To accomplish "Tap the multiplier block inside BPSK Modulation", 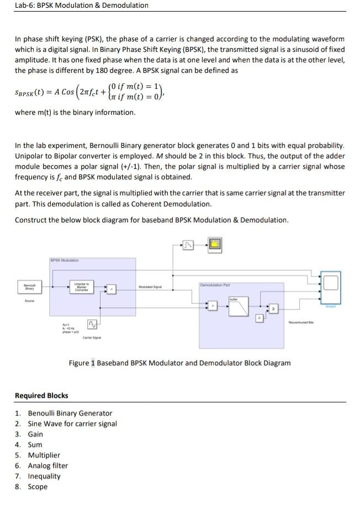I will pos(112,289).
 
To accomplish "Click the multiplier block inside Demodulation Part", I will pos(211,304).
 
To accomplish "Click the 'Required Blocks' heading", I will pos(41,395).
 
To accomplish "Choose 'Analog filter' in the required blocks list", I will pos(48,466).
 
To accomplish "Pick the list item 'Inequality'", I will pos(44,476).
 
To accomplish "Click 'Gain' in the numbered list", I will pos(35,434).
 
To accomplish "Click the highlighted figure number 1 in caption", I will pos(93,363).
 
